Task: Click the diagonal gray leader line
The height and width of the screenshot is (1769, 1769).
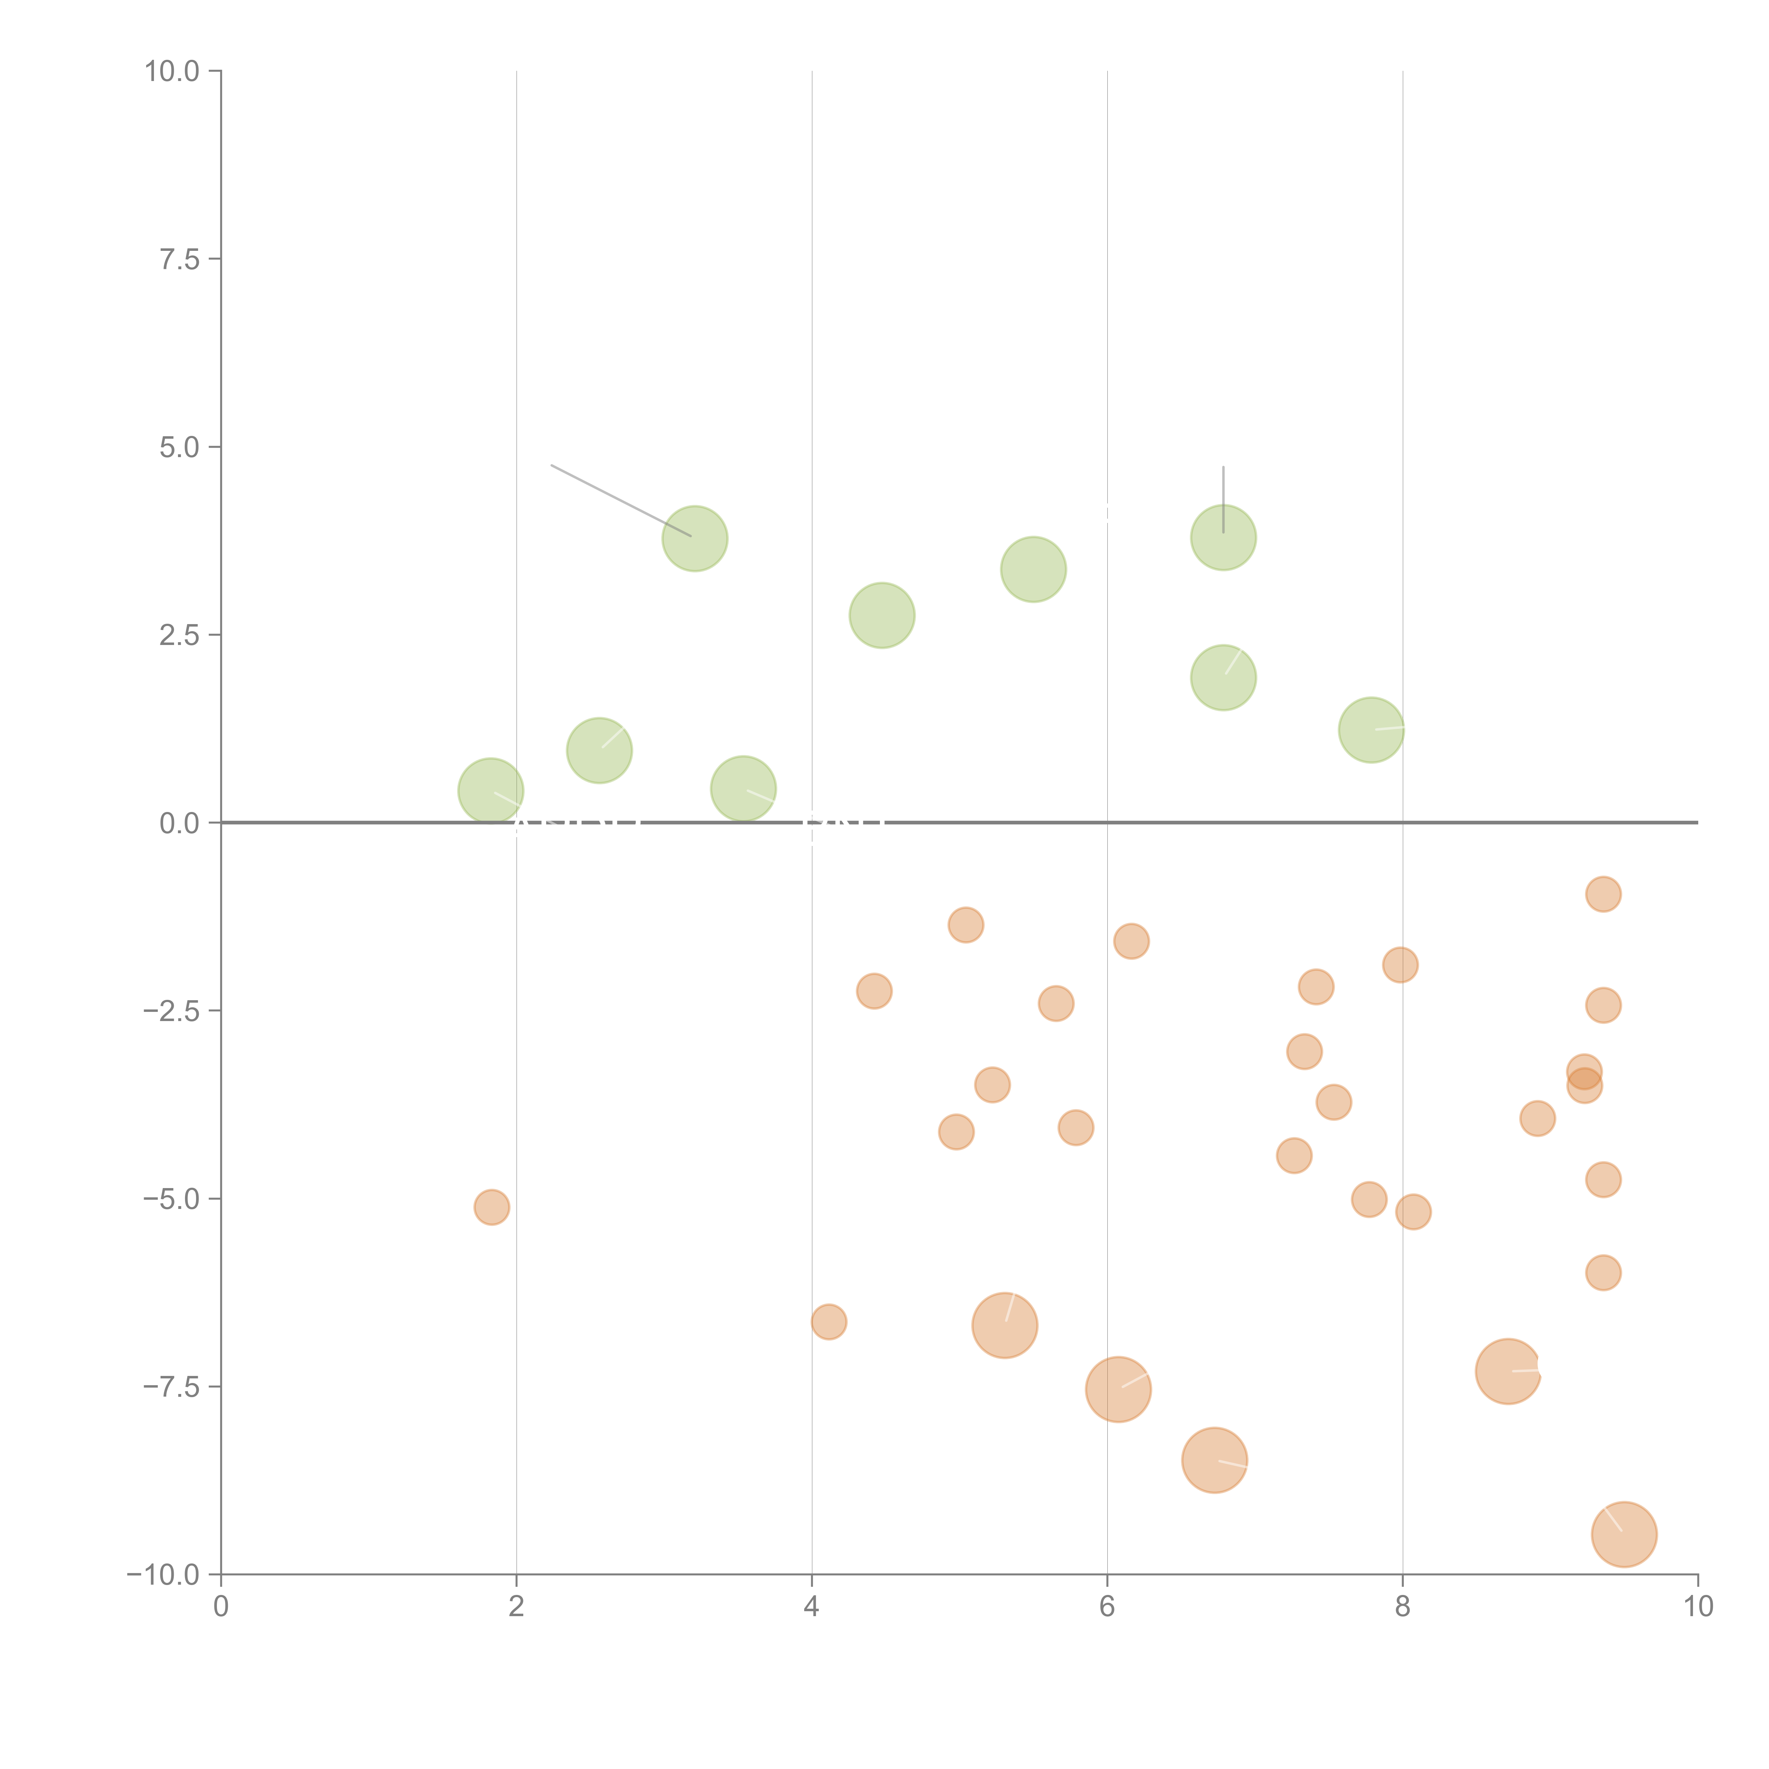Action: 621,501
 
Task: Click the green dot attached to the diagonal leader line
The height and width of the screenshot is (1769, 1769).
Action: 695,538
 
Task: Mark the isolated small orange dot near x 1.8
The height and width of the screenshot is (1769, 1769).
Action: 492,1208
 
